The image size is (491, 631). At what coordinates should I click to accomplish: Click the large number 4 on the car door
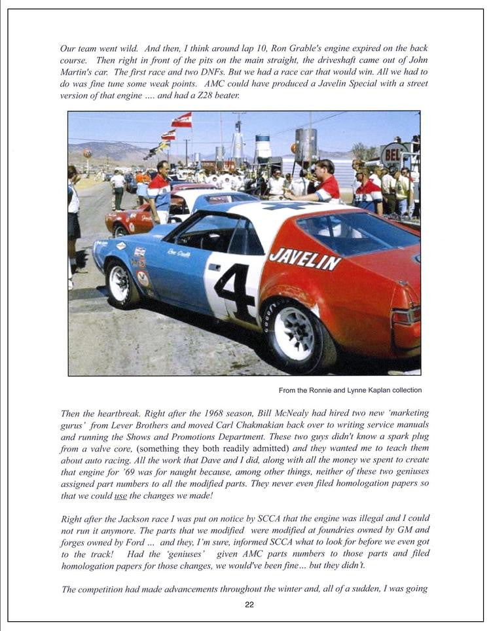point(234,292)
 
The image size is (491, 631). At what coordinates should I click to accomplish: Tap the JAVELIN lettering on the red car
point(304,259)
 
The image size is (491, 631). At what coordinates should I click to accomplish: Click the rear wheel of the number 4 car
point(295,334)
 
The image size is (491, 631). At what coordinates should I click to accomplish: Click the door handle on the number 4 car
point(214,267)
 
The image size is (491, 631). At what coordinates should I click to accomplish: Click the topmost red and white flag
point(182,120)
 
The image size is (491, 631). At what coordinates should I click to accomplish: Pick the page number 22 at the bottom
point(249,605)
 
